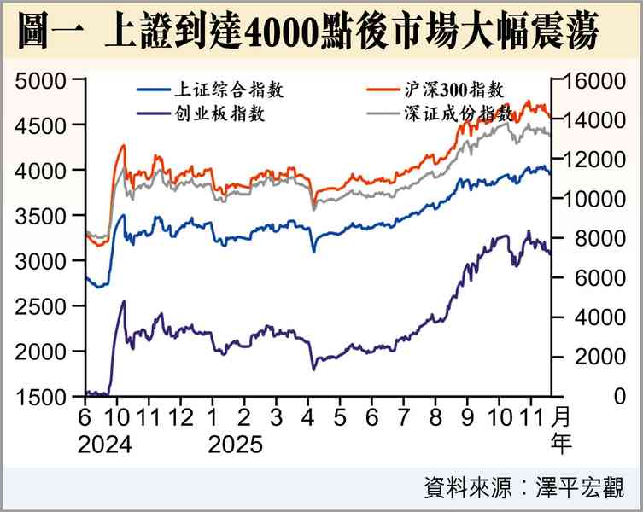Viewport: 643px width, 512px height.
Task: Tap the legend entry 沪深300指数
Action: [x=452, y=88]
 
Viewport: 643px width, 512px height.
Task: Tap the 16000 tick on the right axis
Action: [x=588, y=81]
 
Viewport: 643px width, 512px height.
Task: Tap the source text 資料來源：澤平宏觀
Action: [x=523, y=488]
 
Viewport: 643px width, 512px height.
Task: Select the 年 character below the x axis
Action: [x=562, y=444]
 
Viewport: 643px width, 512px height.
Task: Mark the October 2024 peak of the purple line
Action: [x=124, y=301]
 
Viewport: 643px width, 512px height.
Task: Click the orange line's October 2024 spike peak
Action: [x=123, y=146]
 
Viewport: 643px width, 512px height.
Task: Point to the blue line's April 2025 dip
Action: [x=313, y=251]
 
